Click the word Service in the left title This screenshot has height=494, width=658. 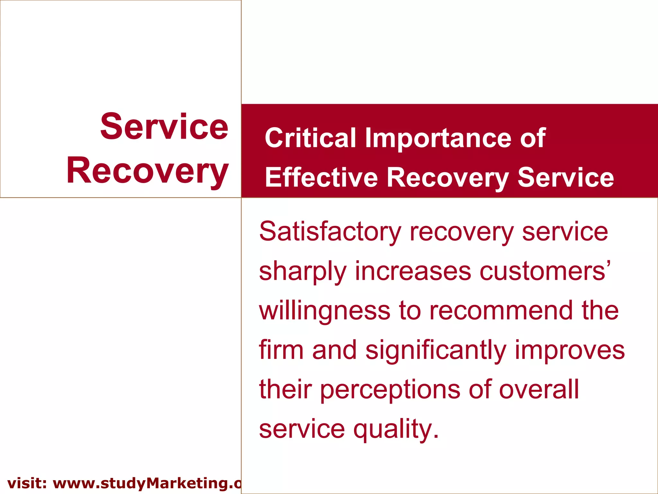pyautogui.click(x=164, y=127)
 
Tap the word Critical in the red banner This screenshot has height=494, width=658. pyautogui.click(x=310, y=138)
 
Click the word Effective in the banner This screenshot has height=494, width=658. pyautogui.click(x=321, y=178)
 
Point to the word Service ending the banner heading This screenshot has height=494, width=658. pyautogui.click(x=565, y=178)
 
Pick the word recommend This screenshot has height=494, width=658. pyautogui.click(x=501, y=311)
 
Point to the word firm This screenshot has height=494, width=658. pyautogui.click(x=281, y=350)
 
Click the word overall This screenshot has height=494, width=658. pyautogui.click(x=539, y=389)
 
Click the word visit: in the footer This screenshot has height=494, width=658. pyautogui.click(x=27, y=483)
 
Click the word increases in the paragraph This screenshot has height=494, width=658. pyautogui.click(x=413, y=271)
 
